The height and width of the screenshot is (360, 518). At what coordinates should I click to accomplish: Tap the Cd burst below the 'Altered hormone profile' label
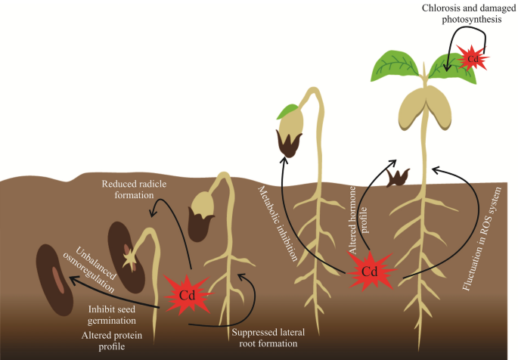point(369,270)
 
